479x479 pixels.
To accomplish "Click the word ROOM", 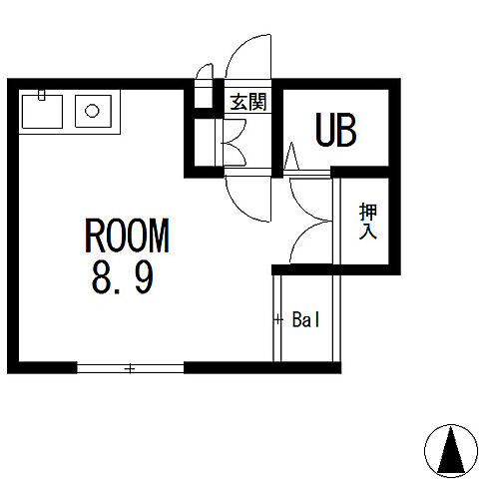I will (x=128, y=237).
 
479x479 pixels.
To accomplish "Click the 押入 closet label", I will (x=368, y=222).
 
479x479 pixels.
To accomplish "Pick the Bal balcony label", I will (x=305, y=321).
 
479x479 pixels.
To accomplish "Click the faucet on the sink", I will (x=42, y=96).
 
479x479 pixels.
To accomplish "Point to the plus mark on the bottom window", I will (x=130, y=369).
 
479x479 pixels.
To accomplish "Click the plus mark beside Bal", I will (x=278, y=320).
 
